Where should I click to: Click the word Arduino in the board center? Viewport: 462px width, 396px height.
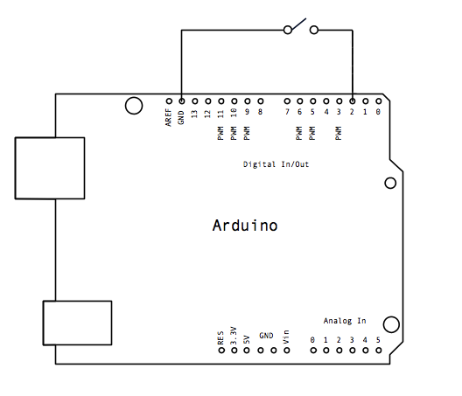click(245, 226)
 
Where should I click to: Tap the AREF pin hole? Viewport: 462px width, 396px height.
click(169, 101)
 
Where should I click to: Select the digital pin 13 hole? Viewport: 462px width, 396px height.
click(195, 101)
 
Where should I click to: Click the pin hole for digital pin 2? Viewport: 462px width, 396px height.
click(353, 101)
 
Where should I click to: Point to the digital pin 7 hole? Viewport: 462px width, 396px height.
click(287, 101)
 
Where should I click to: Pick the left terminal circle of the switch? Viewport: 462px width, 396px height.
click(288, 30)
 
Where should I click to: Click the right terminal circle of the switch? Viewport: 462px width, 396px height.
click(314, 30)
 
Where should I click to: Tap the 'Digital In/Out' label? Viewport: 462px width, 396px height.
click(276, 164)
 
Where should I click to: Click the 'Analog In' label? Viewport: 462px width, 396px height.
click(345, 321)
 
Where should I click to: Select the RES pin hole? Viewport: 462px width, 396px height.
click(221, 351)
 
